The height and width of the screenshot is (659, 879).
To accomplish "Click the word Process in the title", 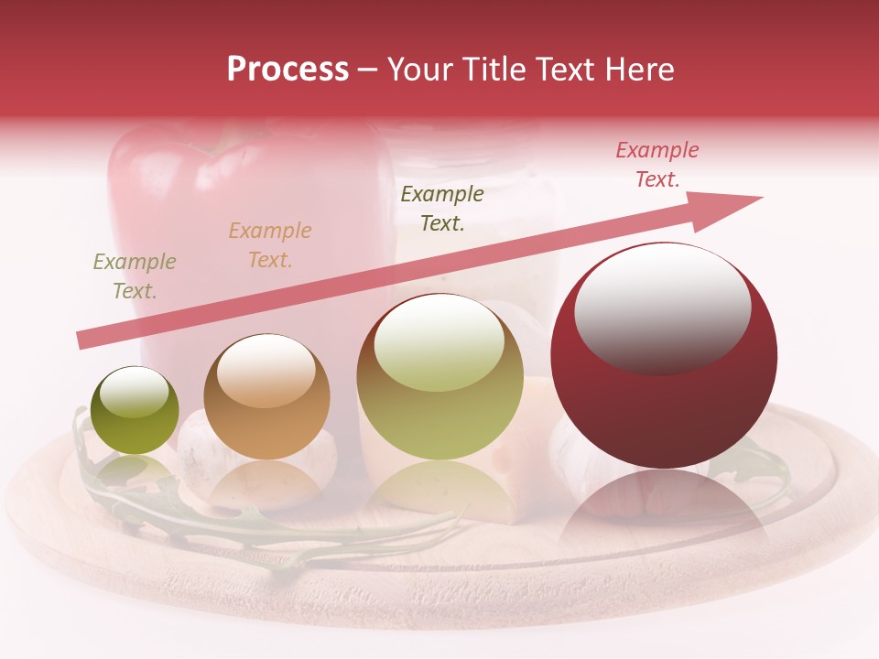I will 288,70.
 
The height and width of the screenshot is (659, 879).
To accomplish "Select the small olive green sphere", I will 135,410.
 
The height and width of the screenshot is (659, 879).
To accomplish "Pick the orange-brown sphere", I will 266,397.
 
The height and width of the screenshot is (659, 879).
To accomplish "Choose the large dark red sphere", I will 664,357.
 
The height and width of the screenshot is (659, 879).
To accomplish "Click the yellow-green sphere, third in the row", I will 440,377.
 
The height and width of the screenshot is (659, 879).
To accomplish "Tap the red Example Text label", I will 657,165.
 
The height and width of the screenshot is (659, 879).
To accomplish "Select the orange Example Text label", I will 270,245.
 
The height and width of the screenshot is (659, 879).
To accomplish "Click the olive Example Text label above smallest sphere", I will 135,276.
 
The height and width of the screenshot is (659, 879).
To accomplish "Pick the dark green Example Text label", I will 442,208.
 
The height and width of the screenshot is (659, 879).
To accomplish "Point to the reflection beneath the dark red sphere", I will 664,513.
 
